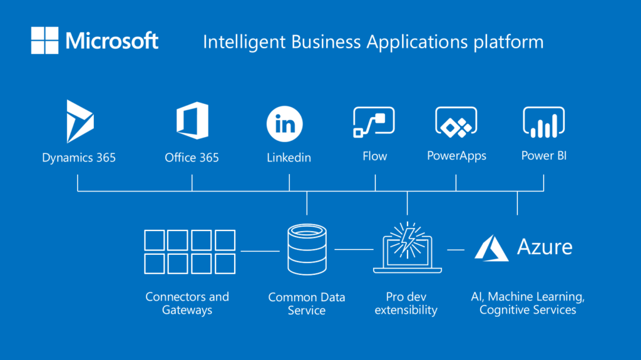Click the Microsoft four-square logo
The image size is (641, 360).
point(44,41)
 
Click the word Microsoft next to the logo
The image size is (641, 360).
point(112,41)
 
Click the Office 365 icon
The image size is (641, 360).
point(192,121)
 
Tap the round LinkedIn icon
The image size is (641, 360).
point(285,124)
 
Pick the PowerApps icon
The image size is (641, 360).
point(456,121)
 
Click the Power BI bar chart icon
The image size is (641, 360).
point(543,121)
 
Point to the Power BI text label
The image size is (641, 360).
point(543,156)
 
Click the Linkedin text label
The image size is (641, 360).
point(289,158)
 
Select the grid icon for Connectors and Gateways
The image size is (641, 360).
point(190,251)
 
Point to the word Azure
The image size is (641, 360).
point(544,247)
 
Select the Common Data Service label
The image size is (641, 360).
point(306,304)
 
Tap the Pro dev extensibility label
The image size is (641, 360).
point(406,303)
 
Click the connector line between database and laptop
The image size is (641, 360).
point(354,250)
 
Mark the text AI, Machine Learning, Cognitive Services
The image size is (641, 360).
point(528,303)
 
